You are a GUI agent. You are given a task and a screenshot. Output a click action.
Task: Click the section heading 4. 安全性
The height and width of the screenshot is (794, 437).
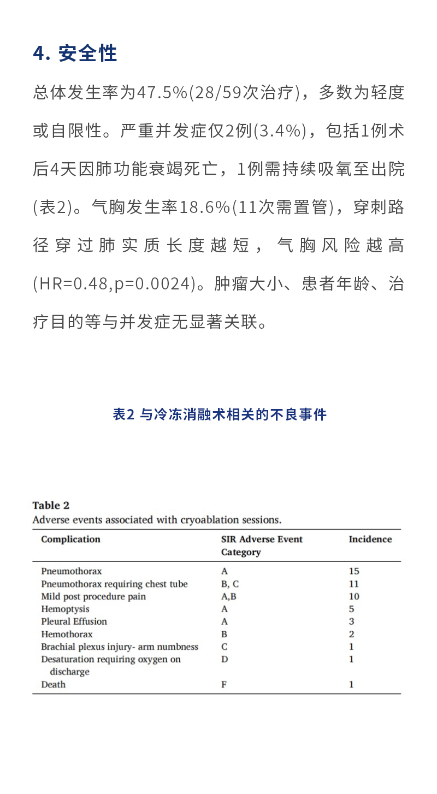point(75,54)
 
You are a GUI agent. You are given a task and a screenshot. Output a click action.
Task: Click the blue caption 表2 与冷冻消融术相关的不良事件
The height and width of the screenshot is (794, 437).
point(219,414)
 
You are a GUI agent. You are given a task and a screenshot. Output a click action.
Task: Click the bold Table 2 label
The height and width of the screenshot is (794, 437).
point(51,505)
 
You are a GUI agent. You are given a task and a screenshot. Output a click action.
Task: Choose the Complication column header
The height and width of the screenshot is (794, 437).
point(70,539)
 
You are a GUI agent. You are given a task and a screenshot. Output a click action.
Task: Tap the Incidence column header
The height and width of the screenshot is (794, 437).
point(370,539)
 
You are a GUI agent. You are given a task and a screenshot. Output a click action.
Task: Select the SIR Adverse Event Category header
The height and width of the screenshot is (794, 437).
point(261,546)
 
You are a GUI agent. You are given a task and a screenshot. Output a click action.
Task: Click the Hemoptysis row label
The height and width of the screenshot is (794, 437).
point(65,609)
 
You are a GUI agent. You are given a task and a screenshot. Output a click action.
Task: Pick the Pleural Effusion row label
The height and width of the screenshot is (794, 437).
point(74,621)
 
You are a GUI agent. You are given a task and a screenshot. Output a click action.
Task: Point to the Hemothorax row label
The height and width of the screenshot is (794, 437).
point(67,634)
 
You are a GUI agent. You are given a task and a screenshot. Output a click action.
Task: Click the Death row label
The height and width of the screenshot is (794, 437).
point(53,684)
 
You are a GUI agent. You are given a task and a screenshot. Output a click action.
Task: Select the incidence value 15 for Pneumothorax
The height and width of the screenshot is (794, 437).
point(354,571)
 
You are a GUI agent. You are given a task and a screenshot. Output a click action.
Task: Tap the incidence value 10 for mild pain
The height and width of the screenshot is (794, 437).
point(354,596)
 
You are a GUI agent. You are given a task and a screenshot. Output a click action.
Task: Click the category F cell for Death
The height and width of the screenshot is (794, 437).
point(224,684)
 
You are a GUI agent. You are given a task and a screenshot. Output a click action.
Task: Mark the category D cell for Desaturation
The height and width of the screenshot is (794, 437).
point(225,659)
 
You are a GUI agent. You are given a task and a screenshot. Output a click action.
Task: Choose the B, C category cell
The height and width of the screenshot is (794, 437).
point(229,584)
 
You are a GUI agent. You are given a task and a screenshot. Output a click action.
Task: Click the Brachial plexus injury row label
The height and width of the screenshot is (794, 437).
point(120,647)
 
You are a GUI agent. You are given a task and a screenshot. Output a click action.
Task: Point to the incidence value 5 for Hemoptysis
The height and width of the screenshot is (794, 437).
point(351,609)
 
